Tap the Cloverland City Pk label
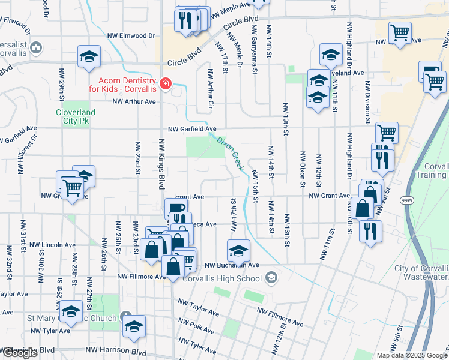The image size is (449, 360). pyautogui.click(x=76, y=116)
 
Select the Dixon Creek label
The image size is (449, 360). pyautogui.click(x=229, y=153)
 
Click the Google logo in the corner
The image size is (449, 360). pyautogui.click(x=19, y=353)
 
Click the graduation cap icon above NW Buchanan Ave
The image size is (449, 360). pyautogui.click(x=238, y=250)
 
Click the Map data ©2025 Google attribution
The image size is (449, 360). pyautogui.click(x=412, y=355)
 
